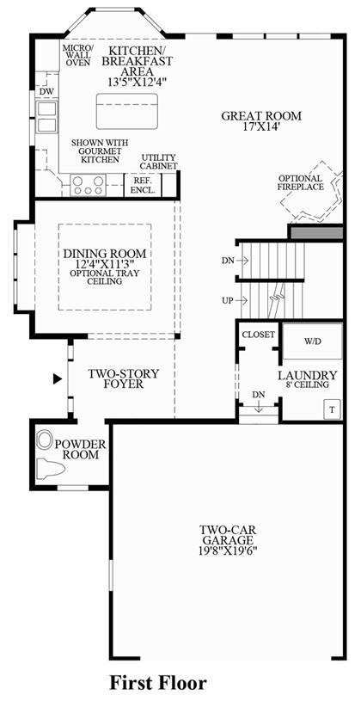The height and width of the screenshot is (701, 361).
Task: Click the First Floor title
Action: click(x=159, y=682)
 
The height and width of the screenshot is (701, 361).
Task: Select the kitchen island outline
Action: click(x=127, y=111)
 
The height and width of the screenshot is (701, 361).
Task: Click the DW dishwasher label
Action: click(x=46, y=92)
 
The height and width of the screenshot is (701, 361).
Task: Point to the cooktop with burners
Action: click(x=89, y=185)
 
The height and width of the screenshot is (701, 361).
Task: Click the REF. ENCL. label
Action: click(x=143, y=185)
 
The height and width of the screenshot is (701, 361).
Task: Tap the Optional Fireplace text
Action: click(x=301, y=183)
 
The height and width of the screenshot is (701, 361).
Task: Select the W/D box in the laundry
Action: click(x=313, y=341)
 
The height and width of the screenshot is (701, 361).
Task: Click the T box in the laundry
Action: click(x=332, y=409)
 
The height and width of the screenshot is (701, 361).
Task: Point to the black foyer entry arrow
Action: click(x=57, y=379)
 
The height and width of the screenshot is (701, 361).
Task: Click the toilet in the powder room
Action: click(x=50, y=468)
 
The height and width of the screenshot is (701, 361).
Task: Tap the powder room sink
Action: click(x=45, y=440)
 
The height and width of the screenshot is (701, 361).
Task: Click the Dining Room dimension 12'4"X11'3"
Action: click(x=105, y=264)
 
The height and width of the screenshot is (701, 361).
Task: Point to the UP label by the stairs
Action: click(x=228, y=300)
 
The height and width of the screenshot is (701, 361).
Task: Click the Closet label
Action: click(x=258, y=335)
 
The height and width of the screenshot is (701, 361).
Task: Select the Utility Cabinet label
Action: click(x=159, y=162)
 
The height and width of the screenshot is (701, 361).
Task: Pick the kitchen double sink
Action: click(x=46, y=117)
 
